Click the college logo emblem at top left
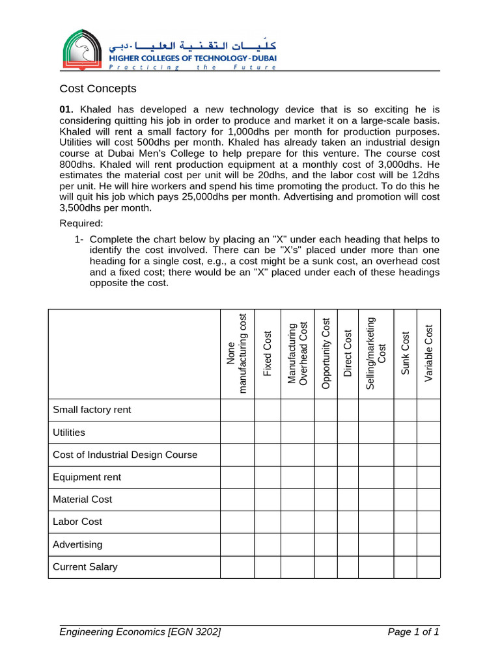pos(83,50)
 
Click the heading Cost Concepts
pos(98,88)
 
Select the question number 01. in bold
pos(68,109)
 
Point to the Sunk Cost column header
pos(405,354)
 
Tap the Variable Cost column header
pos(428,354)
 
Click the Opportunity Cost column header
pos(326,354)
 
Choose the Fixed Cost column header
pos(267,354)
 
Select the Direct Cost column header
pos(348,354)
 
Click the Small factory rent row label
pos(92,410)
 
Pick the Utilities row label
pos(69,433)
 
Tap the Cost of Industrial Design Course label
pos(125,455)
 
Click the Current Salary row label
pos(85,566)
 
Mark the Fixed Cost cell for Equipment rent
pos(267,477)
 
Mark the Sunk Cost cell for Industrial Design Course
pos(405,455)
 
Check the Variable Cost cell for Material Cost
pos(428,499)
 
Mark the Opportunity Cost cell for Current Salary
pos(326,566)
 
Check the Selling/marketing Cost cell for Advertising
pos(376,544)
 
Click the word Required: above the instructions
pos(77,224)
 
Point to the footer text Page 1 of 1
pos(413,632)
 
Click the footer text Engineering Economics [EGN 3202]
pos(140,632)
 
